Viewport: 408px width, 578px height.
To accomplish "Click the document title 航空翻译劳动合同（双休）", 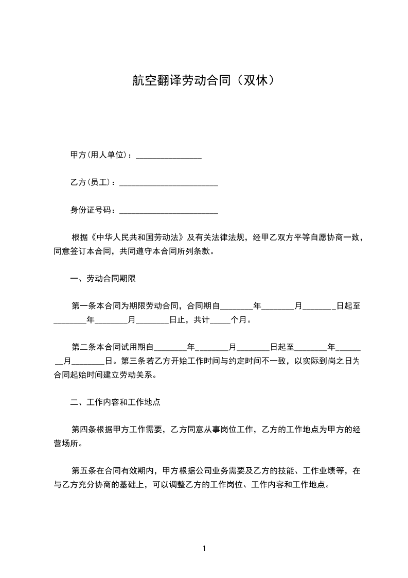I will coord(204,80).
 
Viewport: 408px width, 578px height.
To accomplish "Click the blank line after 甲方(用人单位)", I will coord(168,156).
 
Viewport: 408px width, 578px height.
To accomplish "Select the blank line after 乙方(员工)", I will coord(168,183).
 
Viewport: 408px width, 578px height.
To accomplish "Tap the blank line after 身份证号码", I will coord(168,211).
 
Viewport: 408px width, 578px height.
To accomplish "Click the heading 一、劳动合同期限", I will coord(103,279).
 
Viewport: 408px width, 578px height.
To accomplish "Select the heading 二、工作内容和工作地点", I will coord(118,401).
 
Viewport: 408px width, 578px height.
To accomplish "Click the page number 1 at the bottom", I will coord(204,549).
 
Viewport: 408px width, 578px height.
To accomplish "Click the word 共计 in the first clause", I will coord(202,320).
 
